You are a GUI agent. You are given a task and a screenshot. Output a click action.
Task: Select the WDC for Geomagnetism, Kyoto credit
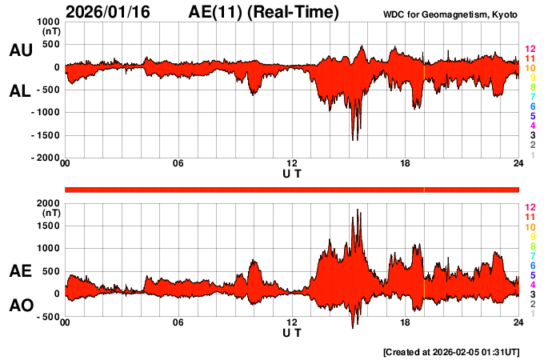click(x=452, y=14)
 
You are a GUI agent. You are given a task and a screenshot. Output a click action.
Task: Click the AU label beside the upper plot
click(x=21, y=51)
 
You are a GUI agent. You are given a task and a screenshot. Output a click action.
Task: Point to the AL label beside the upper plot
click(x=21, y=91)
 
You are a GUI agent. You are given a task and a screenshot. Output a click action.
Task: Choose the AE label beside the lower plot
click(x=21, y=272)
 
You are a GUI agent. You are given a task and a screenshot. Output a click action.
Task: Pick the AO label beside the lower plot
click(x=21, y=306)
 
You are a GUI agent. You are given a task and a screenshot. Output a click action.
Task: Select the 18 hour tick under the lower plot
click(x=405, y=323)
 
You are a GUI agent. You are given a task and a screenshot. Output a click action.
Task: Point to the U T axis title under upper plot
click(x=291, y=173)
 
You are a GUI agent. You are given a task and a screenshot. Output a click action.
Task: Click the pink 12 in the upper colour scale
click(x=530, y=50)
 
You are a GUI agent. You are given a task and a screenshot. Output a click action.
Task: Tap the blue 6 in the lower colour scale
click(x=532, y=265)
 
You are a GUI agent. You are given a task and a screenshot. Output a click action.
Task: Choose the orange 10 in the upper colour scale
click(x=530, y=69)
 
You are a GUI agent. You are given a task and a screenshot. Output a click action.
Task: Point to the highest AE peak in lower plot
click(x=358, y=210)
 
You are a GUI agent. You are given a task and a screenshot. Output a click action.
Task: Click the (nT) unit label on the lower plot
click(x=50, y=214)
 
